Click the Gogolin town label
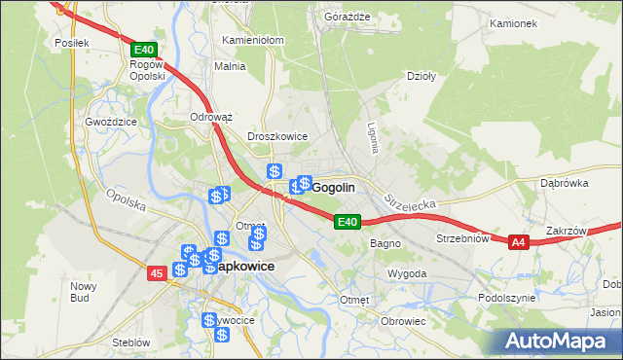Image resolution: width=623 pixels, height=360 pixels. point(334,187)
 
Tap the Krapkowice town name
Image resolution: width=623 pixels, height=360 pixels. point(237,266)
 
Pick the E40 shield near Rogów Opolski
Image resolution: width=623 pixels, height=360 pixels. point(143,49)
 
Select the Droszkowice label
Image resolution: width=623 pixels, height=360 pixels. point(277,137)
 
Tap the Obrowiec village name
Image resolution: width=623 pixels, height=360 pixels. point(404,321)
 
